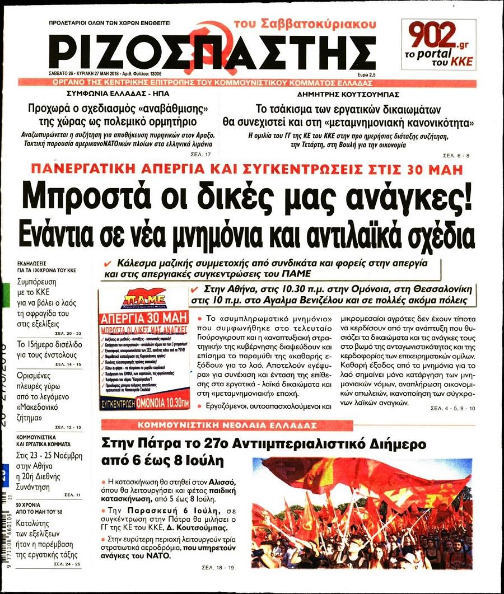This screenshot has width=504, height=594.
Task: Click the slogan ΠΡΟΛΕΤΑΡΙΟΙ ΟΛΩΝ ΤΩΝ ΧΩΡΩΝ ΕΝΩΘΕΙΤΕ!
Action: pyautogui.click(x=110, y=23)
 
